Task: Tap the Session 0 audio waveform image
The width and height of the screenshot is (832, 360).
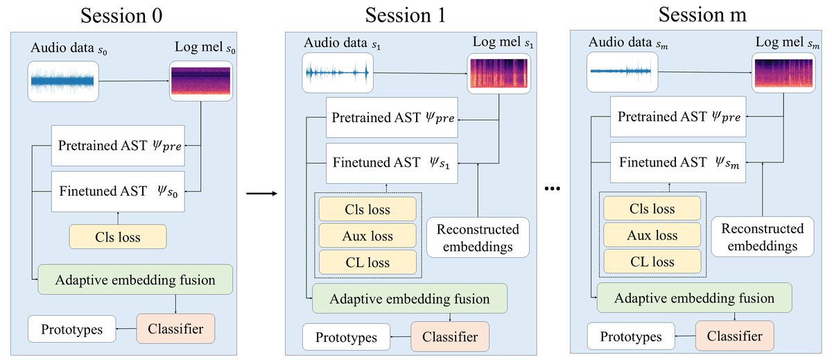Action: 63,82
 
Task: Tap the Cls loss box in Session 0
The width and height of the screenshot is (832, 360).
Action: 119,237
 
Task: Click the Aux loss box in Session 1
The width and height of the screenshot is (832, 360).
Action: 367,236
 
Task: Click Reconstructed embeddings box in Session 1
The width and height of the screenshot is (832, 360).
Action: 478,238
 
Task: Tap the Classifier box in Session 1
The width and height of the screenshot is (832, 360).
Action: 449,338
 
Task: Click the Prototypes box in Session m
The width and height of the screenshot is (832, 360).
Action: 630,337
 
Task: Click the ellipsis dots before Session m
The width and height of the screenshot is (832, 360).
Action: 553,189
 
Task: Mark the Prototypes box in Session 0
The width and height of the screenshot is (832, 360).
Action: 71,329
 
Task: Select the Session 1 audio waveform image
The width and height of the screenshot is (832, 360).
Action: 338,73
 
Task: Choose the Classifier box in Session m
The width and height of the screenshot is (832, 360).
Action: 735,336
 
